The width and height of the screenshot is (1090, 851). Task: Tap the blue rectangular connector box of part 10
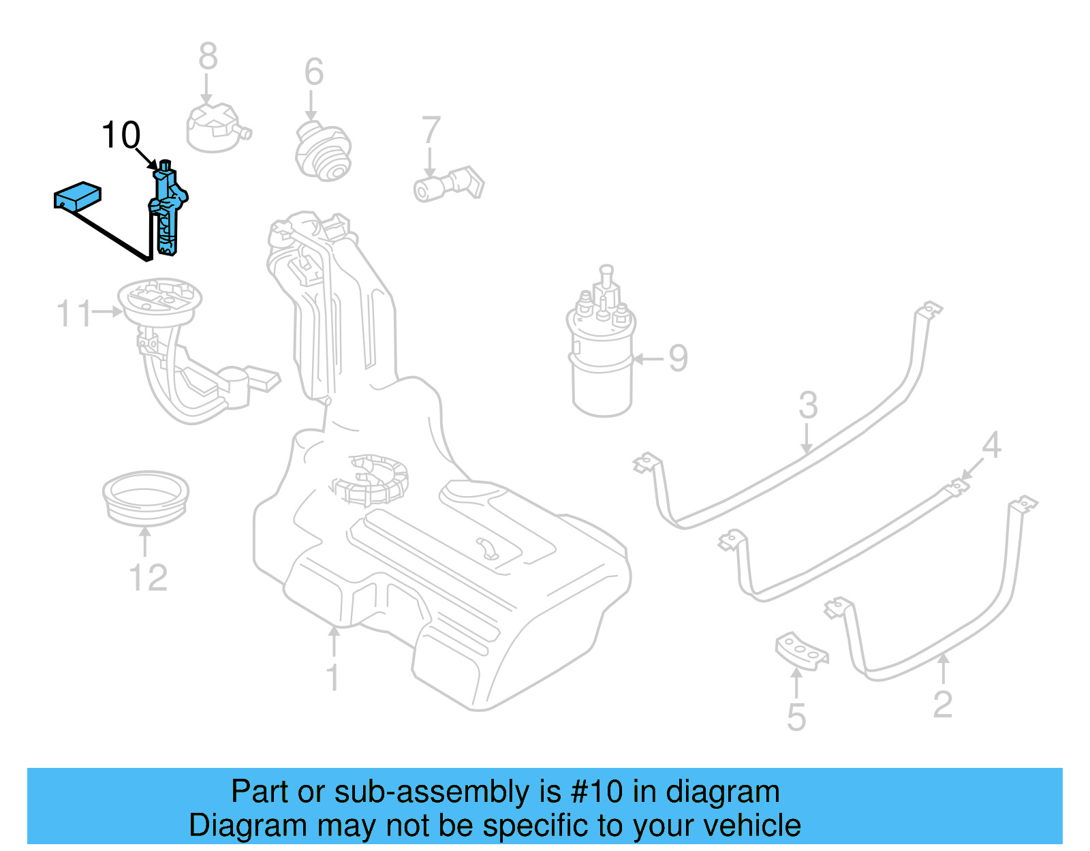pos(77,195)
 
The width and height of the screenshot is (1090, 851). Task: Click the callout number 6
pos(313,72)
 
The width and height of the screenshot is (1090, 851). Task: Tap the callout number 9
pos(678,358)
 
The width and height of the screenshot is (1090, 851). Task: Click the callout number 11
pos(74,314)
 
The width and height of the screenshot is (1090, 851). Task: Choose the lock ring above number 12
pos(145,497)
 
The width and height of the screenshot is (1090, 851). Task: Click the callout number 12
pos(148,578)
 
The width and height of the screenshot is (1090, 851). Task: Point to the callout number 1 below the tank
pos(332,678)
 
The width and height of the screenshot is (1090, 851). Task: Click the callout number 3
pos(808,406)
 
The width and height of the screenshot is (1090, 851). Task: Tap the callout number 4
pos(991,446)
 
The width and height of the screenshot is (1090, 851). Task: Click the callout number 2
pos(942,705)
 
